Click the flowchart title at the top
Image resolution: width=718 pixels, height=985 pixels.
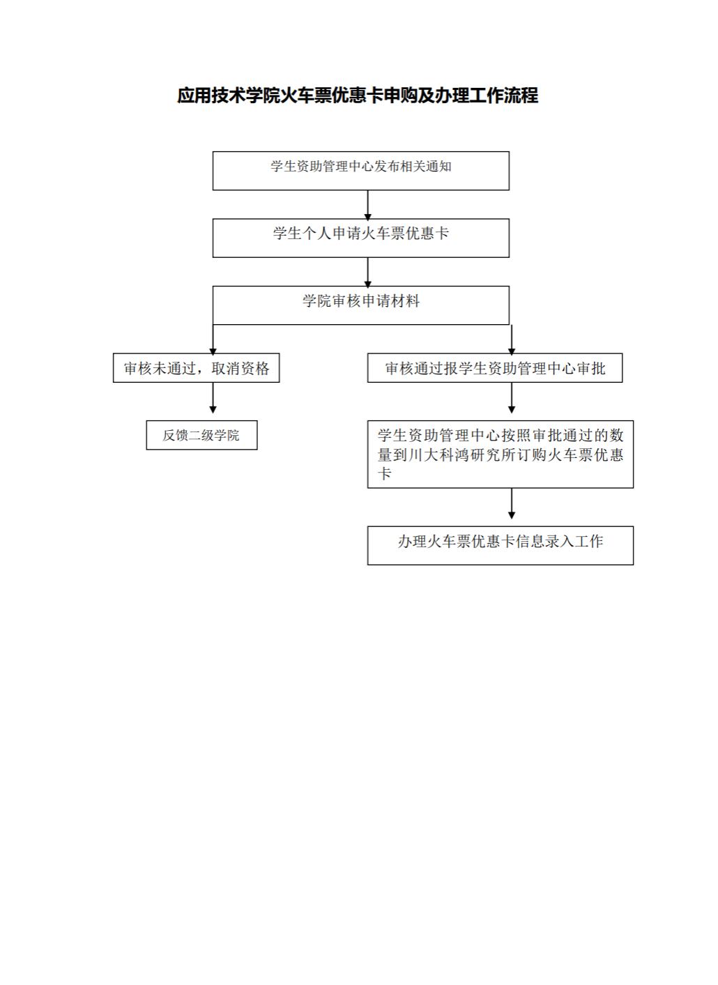(x=358, y=96)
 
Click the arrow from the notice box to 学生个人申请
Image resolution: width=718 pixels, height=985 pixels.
(x=368, y=205)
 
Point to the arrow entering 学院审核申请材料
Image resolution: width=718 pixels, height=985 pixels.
(x=368, y=272)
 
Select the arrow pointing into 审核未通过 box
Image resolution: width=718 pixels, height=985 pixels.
(x=213, y=339)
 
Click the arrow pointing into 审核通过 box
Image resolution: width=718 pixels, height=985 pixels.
(x=512, y=339)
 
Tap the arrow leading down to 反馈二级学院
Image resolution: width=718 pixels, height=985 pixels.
(x=213, y=398)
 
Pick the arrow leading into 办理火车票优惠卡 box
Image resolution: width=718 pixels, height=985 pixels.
(x=512, y=503)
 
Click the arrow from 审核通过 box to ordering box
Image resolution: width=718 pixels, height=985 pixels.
(x=512, y=398)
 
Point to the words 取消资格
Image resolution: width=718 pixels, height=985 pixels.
(x=240, y=368)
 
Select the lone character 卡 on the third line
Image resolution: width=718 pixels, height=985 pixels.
(x=385, y=473)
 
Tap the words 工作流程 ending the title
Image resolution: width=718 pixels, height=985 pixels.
(x=504, y=96)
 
